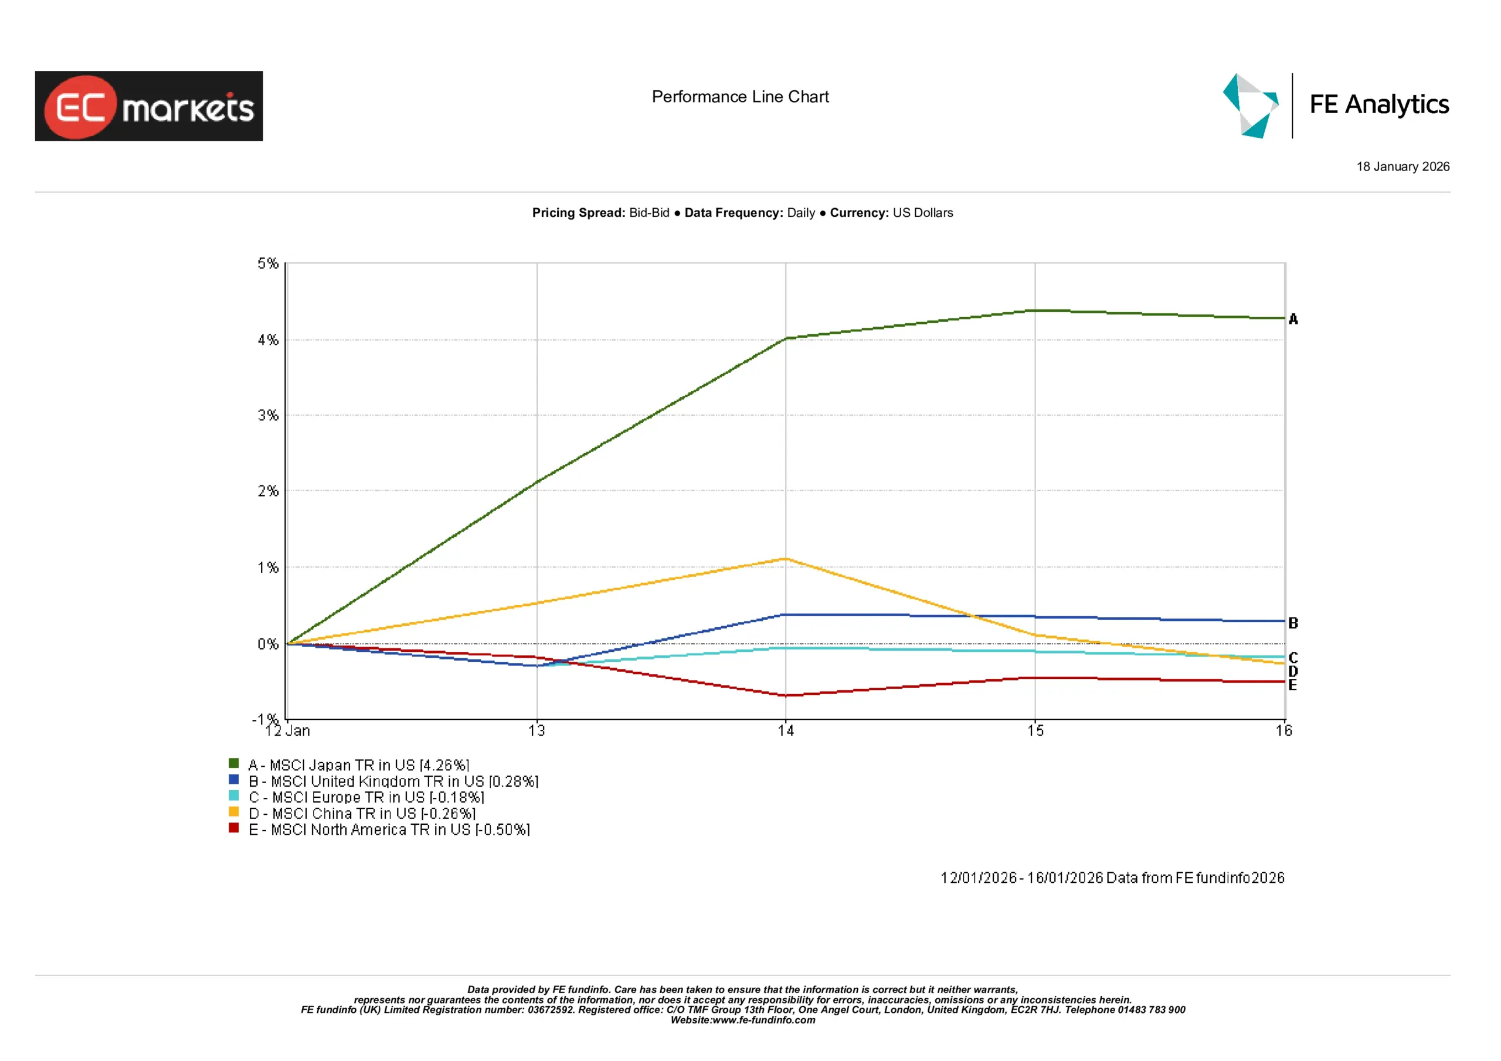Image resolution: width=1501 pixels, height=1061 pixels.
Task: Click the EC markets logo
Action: pyautogui.click(x=149, y=106)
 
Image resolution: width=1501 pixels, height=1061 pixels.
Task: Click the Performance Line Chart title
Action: pyautogui.click(x=740, y=97)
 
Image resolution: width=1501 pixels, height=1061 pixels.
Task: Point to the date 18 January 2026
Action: pyautogui.click(x=1402, y=166)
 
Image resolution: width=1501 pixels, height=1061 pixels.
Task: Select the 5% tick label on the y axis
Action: pyautogui.click(x=267, y=263)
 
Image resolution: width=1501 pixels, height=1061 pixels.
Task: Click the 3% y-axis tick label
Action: pyautogui.click(x=267, y=415)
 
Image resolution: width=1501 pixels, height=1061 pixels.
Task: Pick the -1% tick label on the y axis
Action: pyautogui.click(x=266, y=719)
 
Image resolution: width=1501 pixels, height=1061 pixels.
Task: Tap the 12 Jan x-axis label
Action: pyautogui.click(x=288, y=731)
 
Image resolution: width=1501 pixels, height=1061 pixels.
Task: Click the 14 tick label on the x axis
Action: pyautogui.click(x=786, y=731)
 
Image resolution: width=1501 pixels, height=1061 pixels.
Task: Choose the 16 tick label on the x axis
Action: pyautogui.click(x=1283, y=731)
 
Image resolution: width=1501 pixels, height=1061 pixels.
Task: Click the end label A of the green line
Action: pyautogui.click(x=1292, y=319)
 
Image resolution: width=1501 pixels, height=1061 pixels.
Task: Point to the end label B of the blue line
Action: pyautogui.click(x=1292, y=623)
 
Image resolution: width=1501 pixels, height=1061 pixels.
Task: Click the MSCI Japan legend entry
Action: pyautogui.click(x=358, y=765)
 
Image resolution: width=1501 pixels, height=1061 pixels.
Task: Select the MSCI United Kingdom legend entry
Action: pyautogui.click(x=393, y=781)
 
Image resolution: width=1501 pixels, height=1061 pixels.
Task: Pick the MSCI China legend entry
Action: pyautogui.click(x=362, y=813)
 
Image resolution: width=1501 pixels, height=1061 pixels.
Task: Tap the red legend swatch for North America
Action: pyautogui.click(x=233, y=828)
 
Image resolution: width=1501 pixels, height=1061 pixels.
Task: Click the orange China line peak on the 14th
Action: pyautogui.click(x=786, y=559)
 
